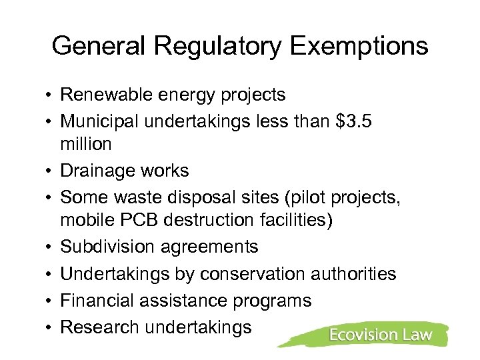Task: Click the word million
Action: pyautogui.click(x=86, y=144)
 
